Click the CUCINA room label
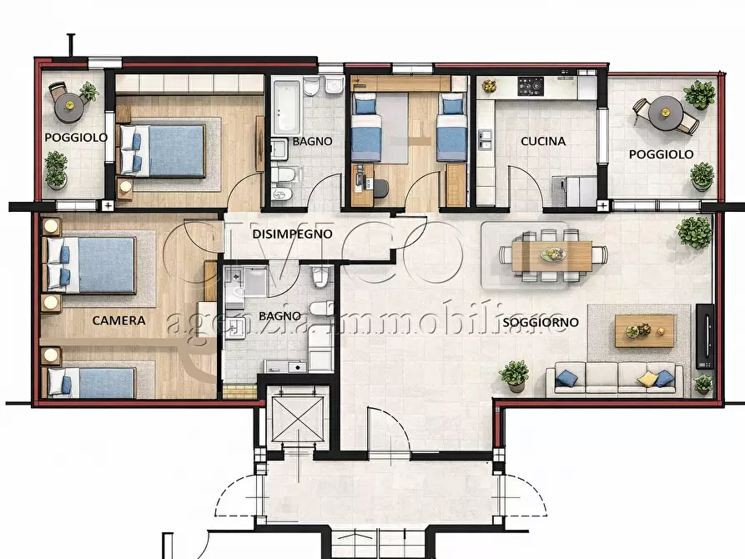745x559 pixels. click(543, 141)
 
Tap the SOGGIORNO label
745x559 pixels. click(541, 322)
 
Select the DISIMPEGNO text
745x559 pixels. click(292, 234)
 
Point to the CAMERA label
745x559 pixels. click(118, 320)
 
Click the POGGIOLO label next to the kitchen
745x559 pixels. click(661, 154)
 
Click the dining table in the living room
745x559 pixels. click(552, 256)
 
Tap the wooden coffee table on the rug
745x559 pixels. click(645, 331)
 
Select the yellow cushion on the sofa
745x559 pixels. click(647, 379)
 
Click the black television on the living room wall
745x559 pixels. click(705, 335)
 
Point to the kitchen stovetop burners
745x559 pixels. click(531, 86)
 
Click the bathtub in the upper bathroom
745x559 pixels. click(287, 107)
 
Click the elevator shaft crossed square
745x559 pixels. click(298, 419)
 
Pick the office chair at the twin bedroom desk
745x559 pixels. click(380, 187)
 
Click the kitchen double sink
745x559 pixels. click(485, 140)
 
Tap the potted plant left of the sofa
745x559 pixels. click(514, 375)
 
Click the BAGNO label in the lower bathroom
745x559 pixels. click(279, 316)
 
